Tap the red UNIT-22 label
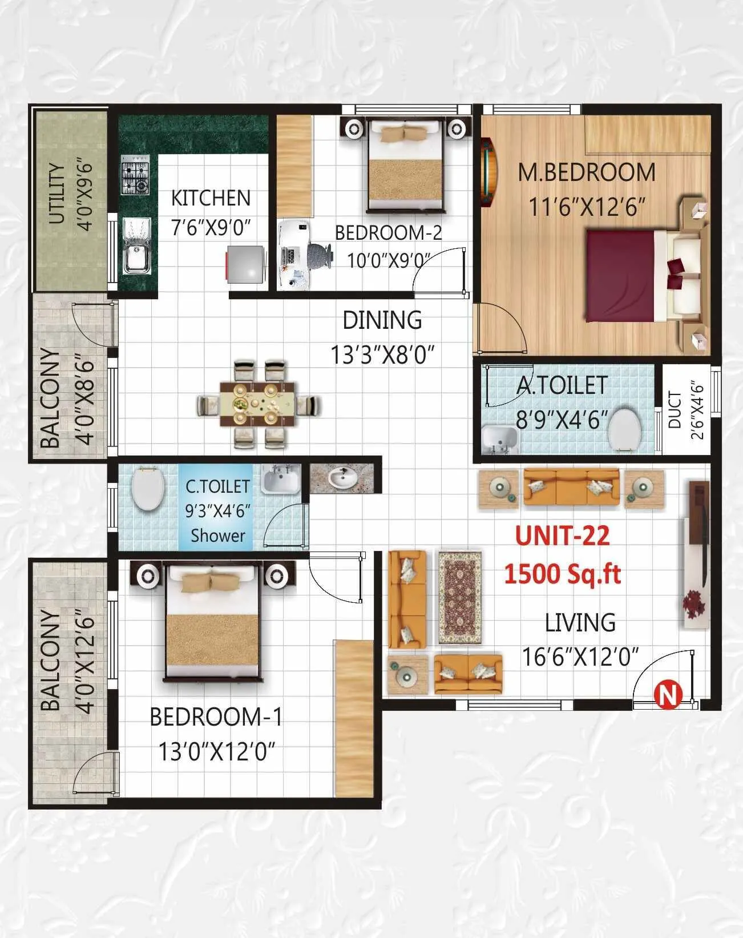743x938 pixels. [562, 536]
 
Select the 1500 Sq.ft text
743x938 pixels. [562, 573]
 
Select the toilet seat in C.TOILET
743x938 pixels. [148, 489]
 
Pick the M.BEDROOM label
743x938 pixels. [587, 172]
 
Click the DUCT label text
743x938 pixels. [675, 409]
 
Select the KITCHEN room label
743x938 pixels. [211, 198]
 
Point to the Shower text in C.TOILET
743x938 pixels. [218, 536]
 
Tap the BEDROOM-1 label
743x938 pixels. [216, 717]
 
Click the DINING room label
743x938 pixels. [382, 320]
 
